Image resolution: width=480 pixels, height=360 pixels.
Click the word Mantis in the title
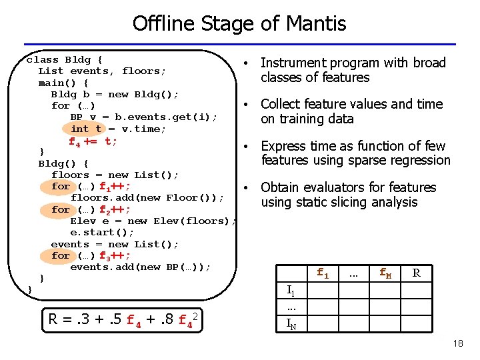[315, 24]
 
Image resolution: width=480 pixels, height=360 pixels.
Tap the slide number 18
[457, 343]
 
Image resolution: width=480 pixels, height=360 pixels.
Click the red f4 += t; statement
[93, 141]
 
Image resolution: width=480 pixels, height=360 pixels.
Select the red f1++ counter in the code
[115, 187]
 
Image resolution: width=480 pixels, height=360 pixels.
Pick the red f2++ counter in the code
[115, 209]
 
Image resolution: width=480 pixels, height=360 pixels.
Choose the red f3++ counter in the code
[115, 255]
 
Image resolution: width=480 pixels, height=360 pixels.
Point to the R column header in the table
[417, 273]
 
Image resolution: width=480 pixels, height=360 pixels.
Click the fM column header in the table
[385, 273]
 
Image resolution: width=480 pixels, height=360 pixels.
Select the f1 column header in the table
[323, 273]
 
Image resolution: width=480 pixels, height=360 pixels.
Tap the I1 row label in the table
[291, 290]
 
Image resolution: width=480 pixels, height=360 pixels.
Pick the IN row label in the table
[291, 325]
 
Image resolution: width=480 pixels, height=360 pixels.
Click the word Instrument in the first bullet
[291, 63]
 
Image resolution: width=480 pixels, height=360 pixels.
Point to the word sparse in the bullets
[364, 160]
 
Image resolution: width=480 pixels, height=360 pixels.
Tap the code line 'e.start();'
[102, 232]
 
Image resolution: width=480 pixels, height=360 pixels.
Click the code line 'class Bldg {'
[64, 59]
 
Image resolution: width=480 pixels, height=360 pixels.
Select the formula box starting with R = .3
[124, 319]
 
